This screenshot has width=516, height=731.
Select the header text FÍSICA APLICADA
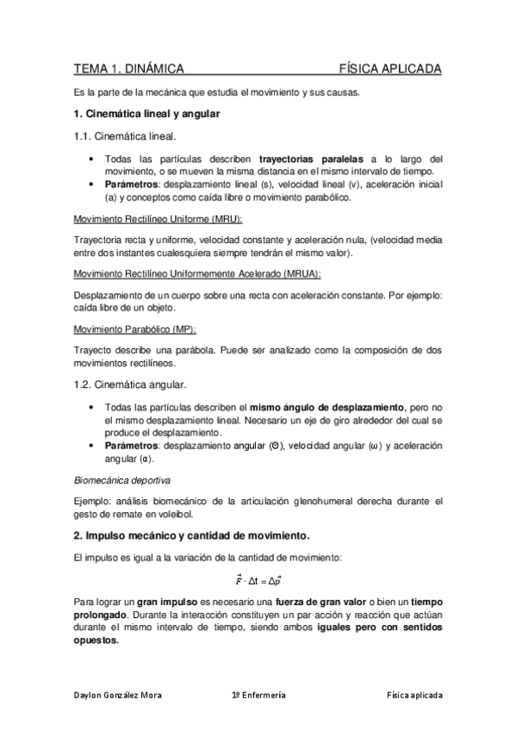click(x=390, y=68)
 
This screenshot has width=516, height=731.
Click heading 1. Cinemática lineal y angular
click(x=146, y=114)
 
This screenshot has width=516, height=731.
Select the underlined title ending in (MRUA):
click(x=197, y=273)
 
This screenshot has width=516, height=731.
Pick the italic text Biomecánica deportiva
click(x=121, y=478)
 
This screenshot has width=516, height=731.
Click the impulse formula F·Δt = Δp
click(x=258, y=581)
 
